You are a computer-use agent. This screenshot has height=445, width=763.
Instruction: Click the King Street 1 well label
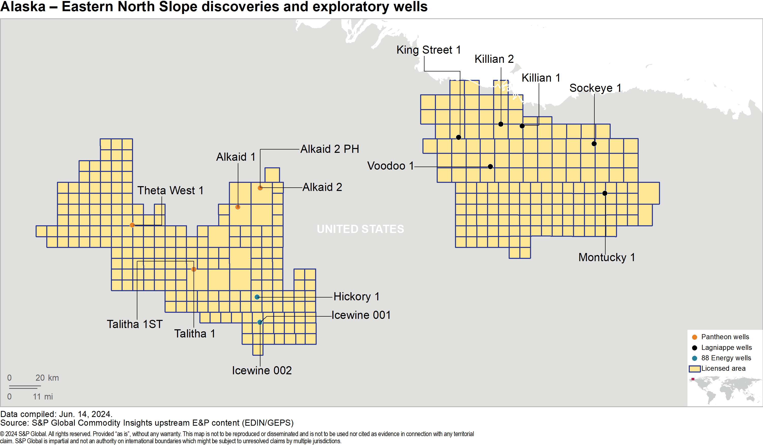pos(429,50)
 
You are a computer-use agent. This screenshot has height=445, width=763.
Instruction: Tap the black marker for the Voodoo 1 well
pos(490,167)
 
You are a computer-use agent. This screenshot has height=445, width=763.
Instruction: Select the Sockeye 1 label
pos(595,88)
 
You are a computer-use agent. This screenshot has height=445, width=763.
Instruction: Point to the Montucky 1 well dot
pos(605,193)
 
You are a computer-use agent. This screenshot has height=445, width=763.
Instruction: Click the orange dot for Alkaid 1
pos(238,207)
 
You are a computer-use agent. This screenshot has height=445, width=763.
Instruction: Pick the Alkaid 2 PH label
pos(329,149)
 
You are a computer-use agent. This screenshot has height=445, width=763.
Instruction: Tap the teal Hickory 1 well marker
pos(257,297)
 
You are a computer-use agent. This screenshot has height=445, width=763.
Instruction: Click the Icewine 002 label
pos(262,370)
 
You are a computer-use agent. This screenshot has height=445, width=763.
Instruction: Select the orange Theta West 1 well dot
pos(132,225)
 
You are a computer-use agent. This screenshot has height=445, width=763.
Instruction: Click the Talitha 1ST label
pos(135,324)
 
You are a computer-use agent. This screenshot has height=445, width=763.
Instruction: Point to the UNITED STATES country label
pos(360,229)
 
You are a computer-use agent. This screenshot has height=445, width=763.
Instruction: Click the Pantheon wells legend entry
pos(725,337)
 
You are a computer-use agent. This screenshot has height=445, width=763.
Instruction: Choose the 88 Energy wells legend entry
pos(726,358)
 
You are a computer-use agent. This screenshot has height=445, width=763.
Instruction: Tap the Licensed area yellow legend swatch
pos(694,369)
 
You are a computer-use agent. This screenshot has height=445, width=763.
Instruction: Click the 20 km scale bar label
pos(47,378)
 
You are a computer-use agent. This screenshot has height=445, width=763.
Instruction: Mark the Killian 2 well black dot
pos(501,124)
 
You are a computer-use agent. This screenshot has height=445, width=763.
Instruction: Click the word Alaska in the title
pos(23,7)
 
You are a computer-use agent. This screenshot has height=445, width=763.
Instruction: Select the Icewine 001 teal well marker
pos(260,322)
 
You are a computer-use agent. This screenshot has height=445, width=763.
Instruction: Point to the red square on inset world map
pos(693,379)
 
